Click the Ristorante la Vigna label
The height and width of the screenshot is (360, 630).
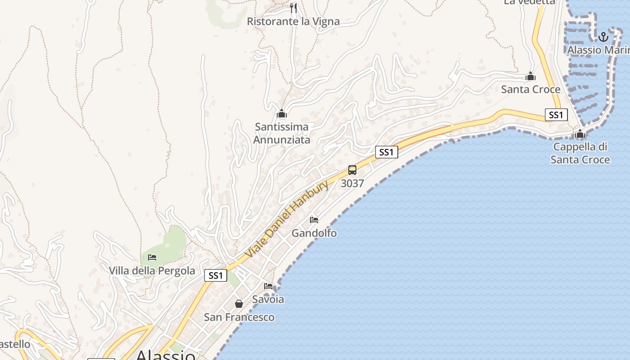(293, 21)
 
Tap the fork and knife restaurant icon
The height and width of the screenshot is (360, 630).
(293, 8)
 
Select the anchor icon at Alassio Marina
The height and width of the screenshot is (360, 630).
(603, 36)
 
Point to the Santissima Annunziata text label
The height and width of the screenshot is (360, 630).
(282, 133)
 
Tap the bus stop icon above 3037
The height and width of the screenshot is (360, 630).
(352, 170)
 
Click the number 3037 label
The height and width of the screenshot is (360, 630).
(352, 184)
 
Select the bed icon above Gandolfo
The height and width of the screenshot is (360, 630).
(314, 220)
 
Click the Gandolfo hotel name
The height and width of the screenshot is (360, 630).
(314, 233)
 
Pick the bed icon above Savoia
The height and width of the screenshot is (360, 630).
(268, 286)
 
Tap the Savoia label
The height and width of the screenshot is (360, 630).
(268, 299)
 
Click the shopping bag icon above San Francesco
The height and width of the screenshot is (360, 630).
(239, 304)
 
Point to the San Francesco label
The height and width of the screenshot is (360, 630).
(239, 317)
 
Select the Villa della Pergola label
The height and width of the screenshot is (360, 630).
(152, 270)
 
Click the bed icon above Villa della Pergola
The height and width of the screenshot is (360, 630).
(152, 257)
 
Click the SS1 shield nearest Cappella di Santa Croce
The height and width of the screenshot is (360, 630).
(556, 115)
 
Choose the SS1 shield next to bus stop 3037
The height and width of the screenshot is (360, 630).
(387, 152)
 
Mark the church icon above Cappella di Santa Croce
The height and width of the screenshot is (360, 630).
(580, 134)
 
